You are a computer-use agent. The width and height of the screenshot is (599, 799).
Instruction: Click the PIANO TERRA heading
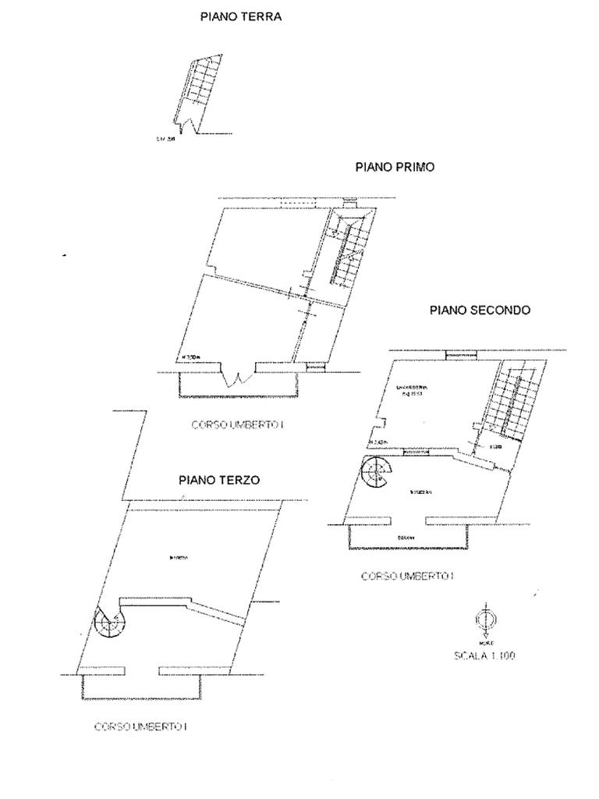point(241,16)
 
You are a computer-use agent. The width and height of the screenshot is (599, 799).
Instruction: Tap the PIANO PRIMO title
point(395,167)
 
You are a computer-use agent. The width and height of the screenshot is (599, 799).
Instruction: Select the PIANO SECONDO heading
point(480,310)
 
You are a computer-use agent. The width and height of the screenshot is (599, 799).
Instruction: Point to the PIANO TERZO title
point(218,481)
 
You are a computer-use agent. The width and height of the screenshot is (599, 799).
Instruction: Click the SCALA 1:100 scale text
point(484,655)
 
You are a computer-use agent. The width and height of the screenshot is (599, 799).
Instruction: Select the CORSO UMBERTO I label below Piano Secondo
point(407,576)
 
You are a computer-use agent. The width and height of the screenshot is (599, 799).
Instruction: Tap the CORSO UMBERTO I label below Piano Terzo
point(140,726)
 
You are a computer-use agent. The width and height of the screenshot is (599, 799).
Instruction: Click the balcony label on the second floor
point(404,538)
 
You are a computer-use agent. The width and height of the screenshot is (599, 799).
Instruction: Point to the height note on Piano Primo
point(191,358)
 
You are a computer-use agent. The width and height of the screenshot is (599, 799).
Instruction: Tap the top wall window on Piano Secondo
point(456,356)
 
